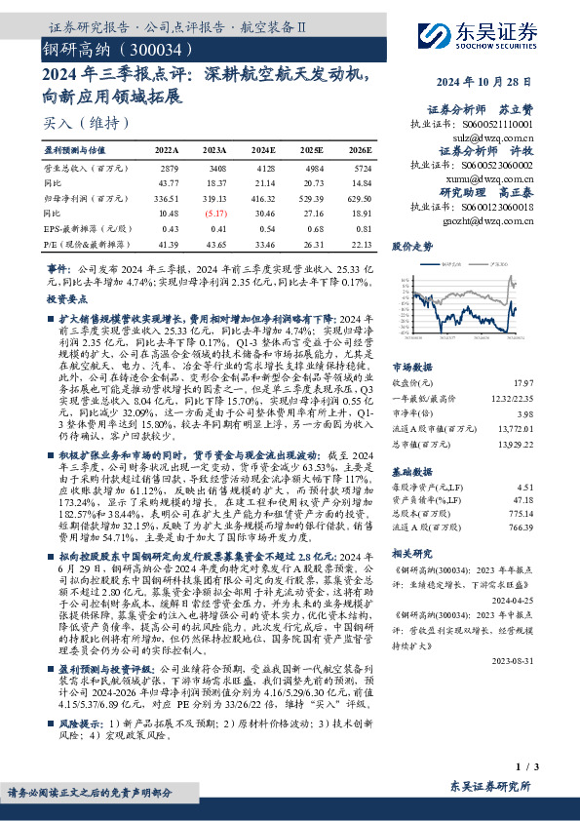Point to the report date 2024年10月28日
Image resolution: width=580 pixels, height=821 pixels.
pyautogui.click(x=486, y=82)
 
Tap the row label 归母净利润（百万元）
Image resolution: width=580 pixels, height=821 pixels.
pyautogui.click(x=83, y=198)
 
